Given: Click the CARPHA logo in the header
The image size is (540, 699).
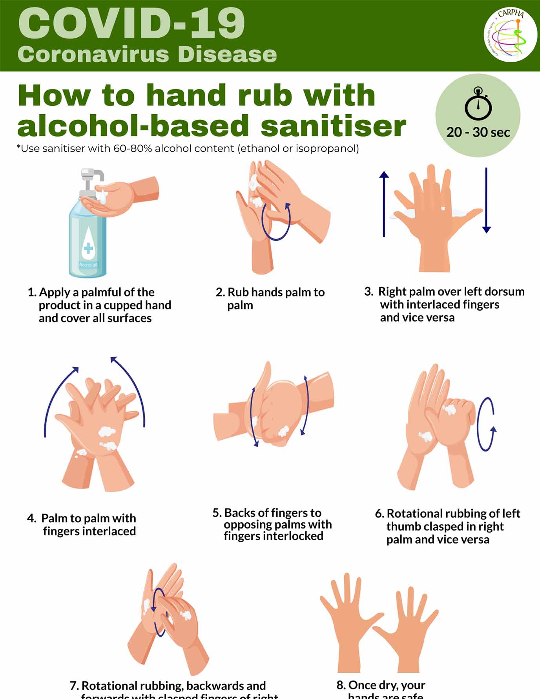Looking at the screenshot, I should (x=510, y=35).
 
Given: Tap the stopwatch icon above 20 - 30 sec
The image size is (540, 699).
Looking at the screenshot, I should (x=478, y=104).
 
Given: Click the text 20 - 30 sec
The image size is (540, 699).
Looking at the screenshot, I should (x=478, y=132).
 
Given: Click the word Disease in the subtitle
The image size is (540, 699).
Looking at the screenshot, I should (x=227, y=54).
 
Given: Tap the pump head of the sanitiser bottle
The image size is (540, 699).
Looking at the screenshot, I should (x=92, y=175).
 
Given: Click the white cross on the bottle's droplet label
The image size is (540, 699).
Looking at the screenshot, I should (x=88, y=248).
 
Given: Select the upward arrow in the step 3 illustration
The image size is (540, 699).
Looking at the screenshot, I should (x=384, y=204).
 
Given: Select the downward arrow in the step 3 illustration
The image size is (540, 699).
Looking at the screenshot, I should (x=486, y=200).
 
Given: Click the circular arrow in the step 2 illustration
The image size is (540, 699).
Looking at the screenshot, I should (x=276, y=221).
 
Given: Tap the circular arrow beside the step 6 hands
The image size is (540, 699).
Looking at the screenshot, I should (x=486, y=425).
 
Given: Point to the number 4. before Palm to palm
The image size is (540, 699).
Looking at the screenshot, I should (x=31, y=518).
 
